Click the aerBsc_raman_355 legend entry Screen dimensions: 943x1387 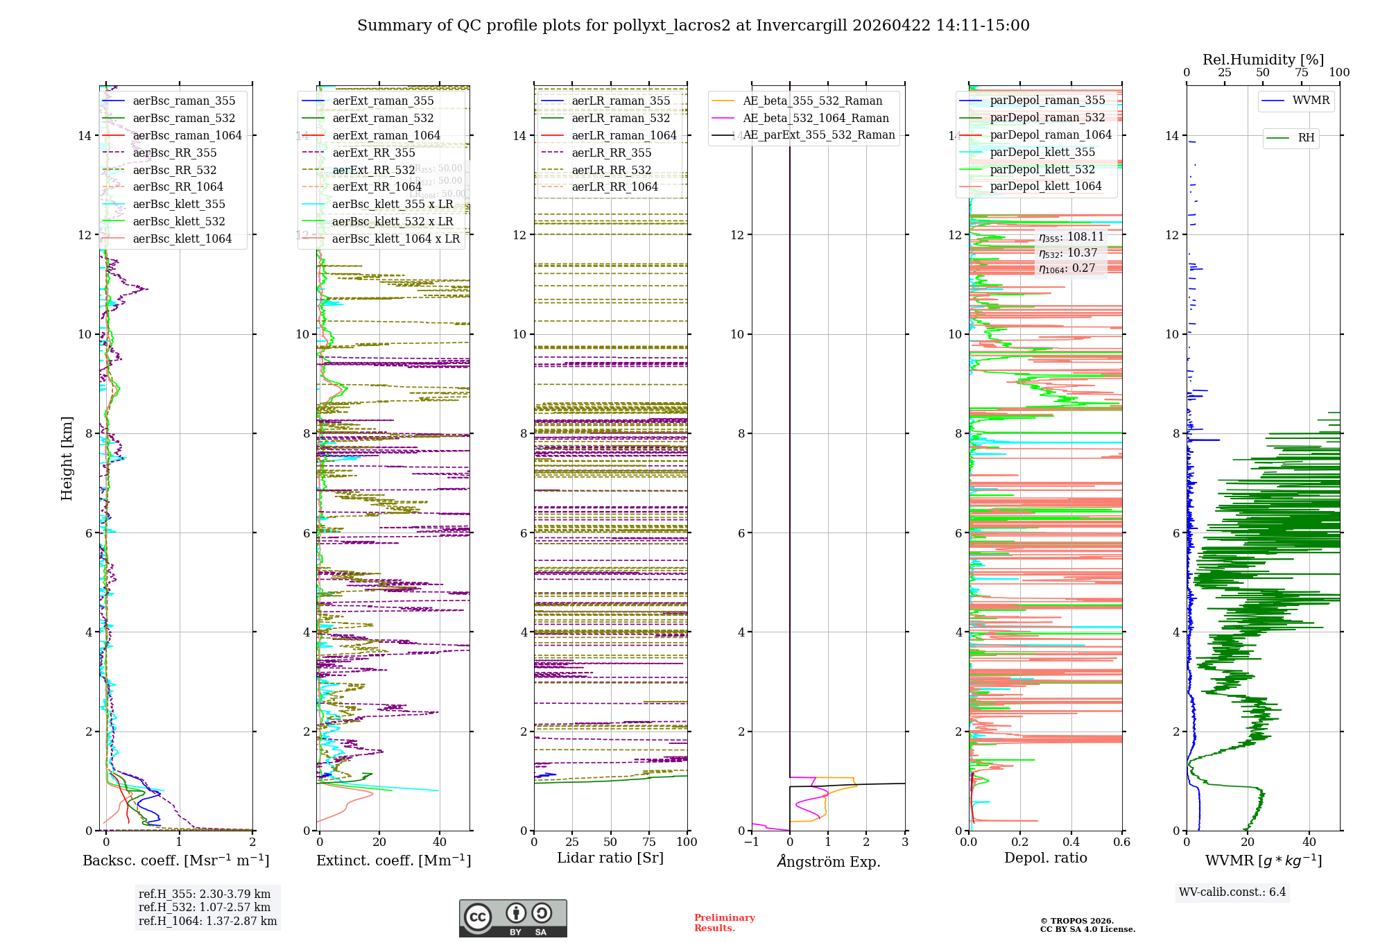click(184, 101)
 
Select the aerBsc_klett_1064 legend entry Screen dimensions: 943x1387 click(182, 239)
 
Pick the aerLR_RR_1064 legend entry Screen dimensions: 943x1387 click(614, 187)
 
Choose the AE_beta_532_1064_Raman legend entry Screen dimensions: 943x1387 click(816, 118)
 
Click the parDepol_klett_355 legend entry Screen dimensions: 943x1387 click(1042, 152)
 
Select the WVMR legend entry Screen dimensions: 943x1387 click(1311, 101)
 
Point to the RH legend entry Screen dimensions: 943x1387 click(1306, 138)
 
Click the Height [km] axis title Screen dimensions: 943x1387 click(67, 458)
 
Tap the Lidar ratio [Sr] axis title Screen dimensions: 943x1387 click(610, 858)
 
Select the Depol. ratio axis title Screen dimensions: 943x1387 click(1045, 858)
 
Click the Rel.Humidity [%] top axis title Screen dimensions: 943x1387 click(1263, 60)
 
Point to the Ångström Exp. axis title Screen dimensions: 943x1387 click(828, 861)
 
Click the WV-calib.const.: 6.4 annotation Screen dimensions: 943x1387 click(1232, 892)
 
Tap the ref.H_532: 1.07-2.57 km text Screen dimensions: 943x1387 click(205, 907)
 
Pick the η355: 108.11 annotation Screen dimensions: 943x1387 click(1071, 237)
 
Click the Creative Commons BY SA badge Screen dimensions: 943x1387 click(512, 918)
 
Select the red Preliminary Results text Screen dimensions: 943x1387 click(724, 923)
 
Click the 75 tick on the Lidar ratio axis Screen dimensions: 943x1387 click(649, 842)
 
